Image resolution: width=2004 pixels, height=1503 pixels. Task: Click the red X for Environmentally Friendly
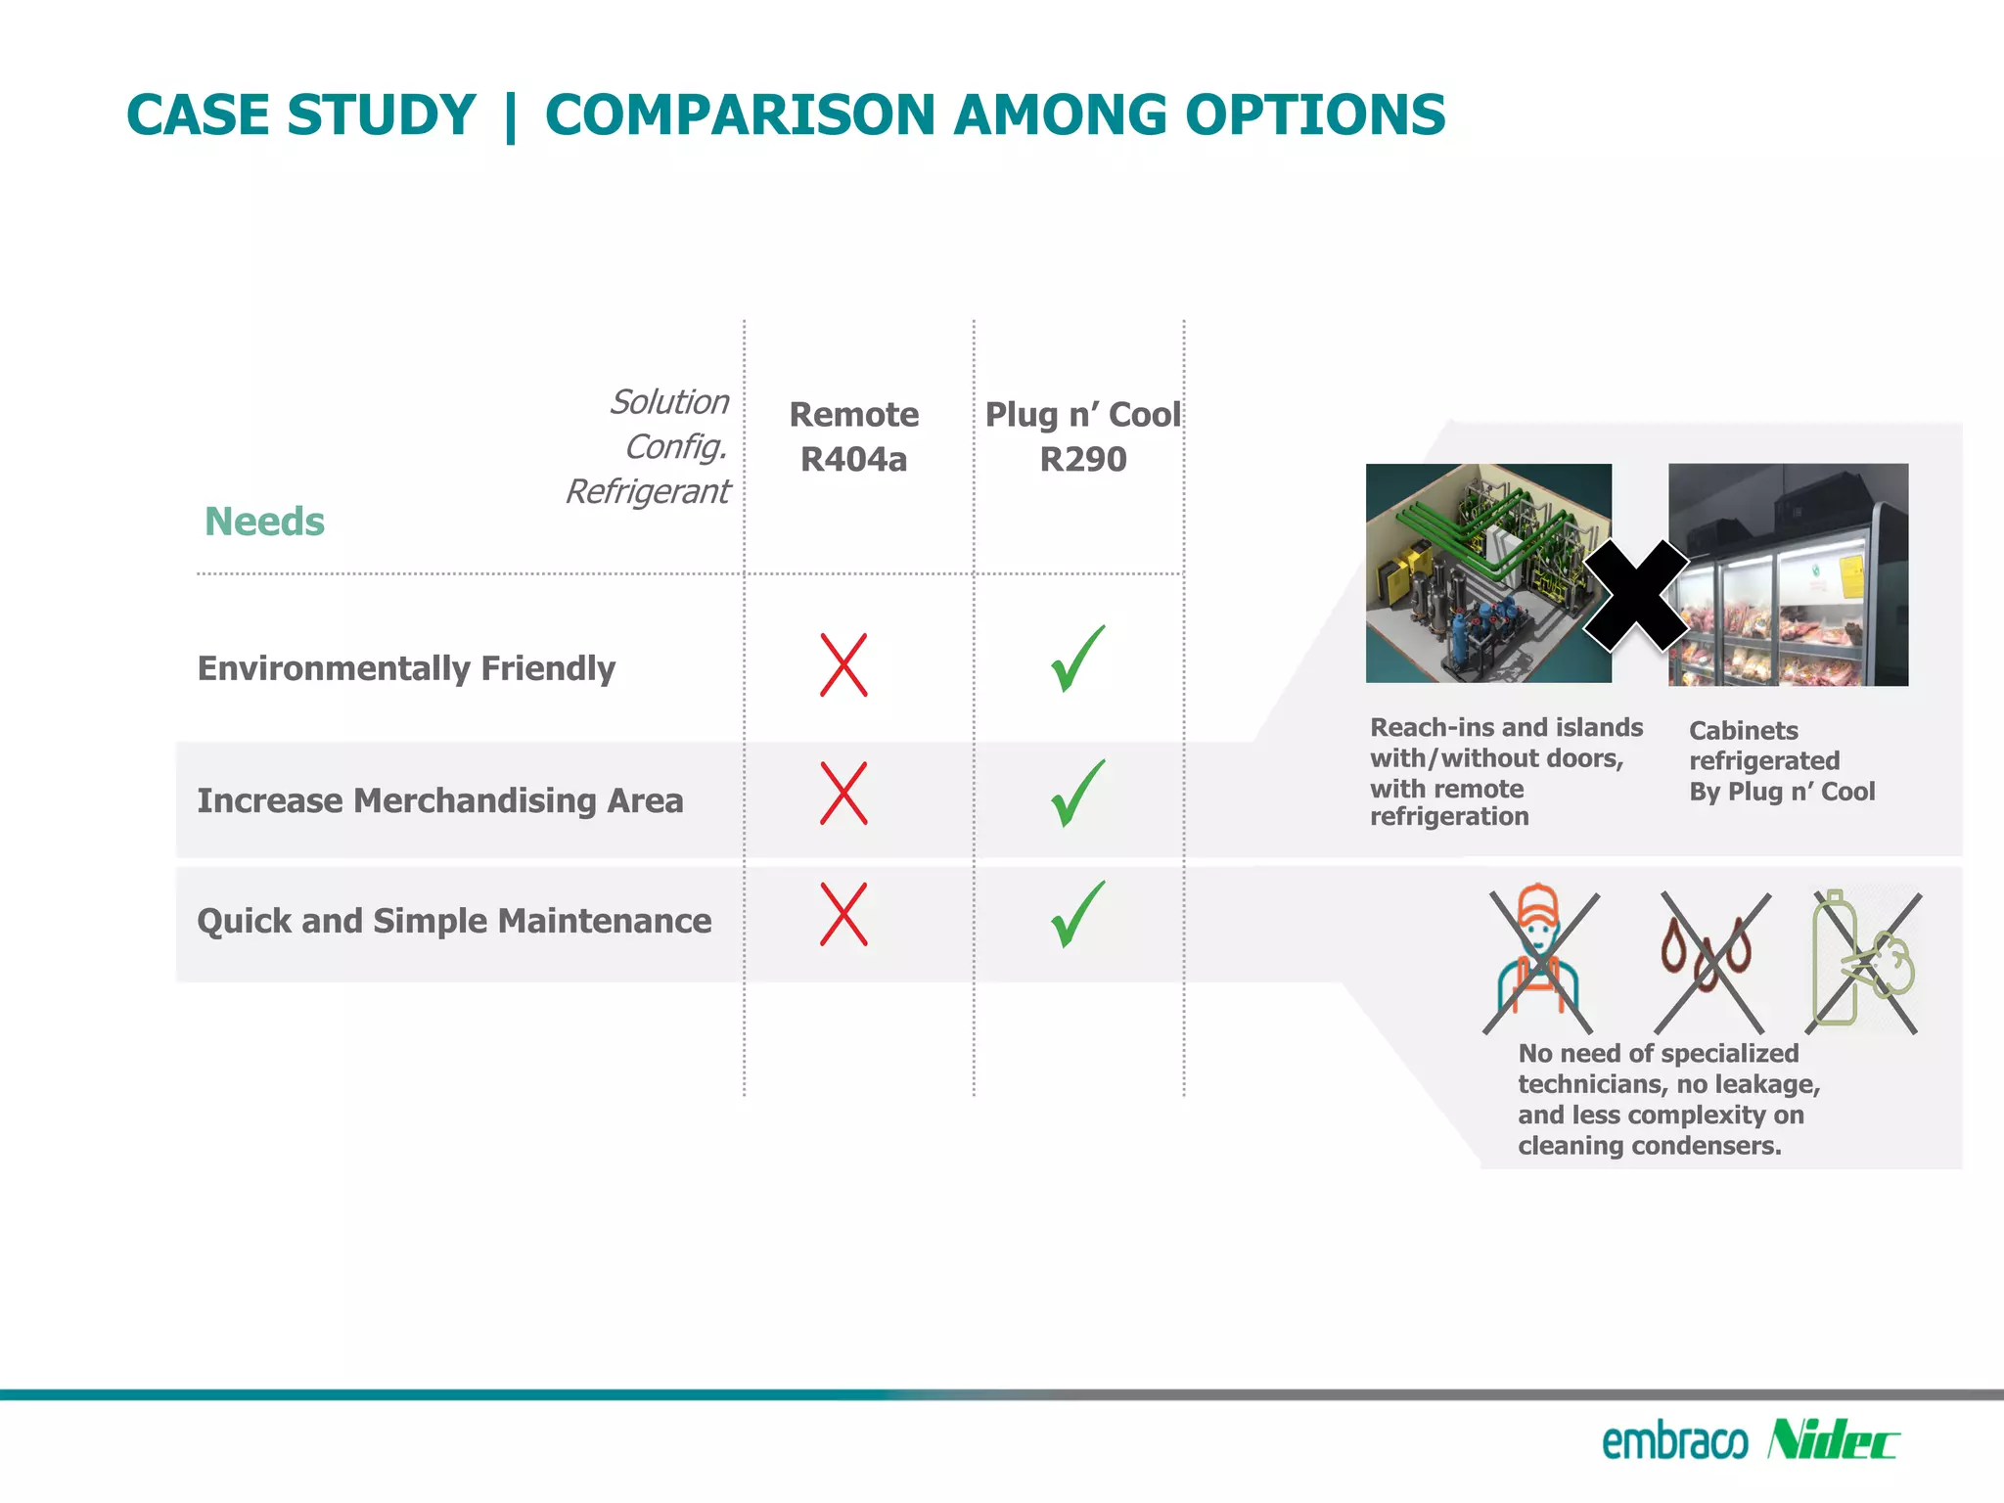pos(843,665)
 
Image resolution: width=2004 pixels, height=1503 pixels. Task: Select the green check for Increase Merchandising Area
pos(1077,794)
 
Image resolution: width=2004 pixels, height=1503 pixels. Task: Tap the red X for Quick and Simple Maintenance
pos(843,914)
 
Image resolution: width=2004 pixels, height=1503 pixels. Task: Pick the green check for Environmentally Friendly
pos(1077,660)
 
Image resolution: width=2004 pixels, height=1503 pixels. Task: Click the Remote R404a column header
pos(853,436)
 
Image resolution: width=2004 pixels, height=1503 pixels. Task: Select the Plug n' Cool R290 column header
pos(1082,436)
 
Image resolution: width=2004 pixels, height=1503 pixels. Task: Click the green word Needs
pos(264,522)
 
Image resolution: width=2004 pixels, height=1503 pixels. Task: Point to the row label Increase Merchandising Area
pos(439,800)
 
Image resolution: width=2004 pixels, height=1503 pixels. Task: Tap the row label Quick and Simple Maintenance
pos(454,921)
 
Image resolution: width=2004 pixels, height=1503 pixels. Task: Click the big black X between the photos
pos(1635,596)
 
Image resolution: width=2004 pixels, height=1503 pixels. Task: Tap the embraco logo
pos(1674,1442)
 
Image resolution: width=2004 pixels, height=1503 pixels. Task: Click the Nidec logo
pos(1833,1440)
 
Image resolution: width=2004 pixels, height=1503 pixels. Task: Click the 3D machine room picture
pos(1487,572)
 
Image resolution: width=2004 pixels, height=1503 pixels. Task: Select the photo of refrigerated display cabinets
pos(1788,575)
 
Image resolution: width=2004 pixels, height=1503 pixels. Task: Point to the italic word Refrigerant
pos(648,491)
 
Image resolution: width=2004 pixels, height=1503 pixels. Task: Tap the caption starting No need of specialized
pos(1667,1099)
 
